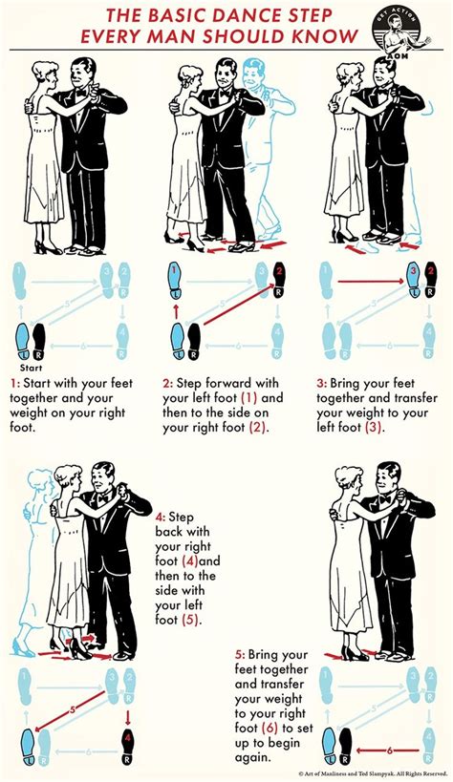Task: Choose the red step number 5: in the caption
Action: coord(241,655)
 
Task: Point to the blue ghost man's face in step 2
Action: coord(255,76)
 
